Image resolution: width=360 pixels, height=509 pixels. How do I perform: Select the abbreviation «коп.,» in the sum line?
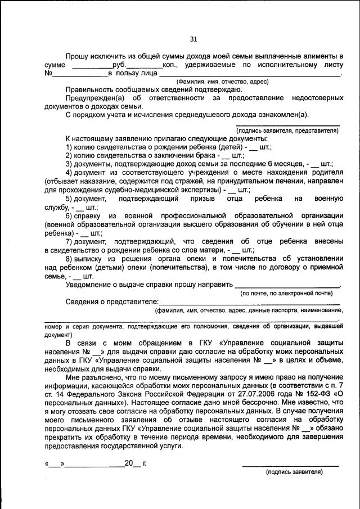tap(171, 65)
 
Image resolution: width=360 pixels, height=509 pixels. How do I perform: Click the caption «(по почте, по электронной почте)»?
tap(286, 293)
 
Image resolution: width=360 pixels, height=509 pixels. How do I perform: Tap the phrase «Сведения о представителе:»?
tap(112, 301)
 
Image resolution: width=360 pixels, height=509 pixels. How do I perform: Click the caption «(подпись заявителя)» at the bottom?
tap(294, 472)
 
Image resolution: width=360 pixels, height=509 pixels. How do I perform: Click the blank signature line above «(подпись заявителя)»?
tap(290, 465)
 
